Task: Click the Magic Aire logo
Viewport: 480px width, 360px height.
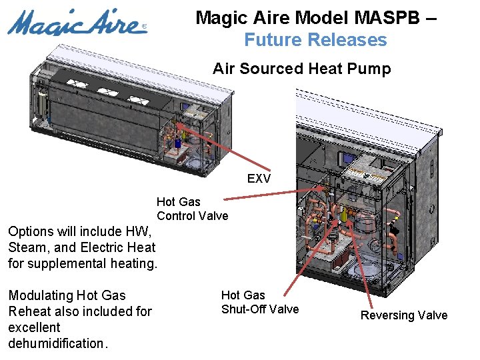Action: coord(75,23)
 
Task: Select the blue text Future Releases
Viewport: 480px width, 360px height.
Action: coord(315,40)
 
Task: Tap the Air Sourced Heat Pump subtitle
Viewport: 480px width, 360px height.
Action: coord(301,69)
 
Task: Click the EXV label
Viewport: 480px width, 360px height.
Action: coord(259,179)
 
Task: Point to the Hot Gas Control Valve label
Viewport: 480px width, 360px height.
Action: coord(192,209)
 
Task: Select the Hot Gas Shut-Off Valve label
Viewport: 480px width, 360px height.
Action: coord(259,302)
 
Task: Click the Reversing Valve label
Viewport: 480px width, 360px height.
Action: coord(404,315)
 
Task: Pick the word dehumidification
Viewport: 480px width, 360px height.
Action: coord(57,343)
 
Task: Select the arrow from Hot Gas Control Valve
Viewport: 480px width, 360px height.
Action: coord(273,195)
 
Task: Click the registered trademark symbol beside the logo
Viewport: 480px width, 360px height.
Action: coord(145,28)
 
